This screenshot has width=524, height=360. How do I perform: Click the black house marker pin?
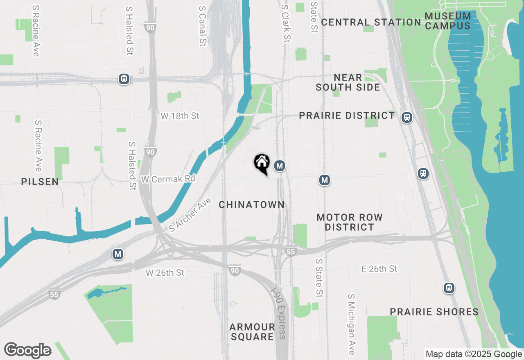tap(262, 164)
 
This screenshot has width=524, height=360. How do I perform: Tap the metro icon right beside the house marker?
tap(280, 166)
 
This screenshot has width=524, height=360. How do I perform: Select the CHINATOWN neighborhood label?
tap(251, 205)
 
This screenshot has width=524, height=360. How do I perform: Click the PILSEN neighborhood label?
tap(40, 182)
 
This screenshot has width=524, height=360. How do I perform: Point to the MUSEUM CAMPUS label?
tap(448, 21)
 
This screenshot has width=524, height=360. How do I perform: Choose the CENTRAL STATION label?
tap(371, 22)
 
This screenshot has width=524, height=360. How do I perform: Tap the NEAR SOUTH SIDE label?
tap(348, 82)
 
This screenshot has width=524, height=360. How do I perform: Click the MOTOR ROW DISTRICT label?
tap(350, 222)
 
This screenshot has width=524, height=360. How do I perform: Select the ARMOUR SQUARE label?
tap(252, 332)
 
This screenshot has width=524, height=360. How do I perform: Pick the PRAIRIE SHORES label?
tap(434, 312)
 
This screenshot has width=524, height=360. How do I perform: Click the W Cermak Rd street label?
tap(168, 179)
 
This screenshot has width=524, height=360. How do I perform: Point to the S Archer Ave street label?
tap(190, 215)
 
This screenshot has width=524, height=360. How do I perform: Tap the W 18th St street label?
tap(180, 116)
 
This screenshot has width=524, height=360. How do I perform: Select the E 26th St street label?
tap(379, 269)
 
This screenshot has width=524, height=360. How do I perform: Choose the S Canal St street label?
tap(202, 26)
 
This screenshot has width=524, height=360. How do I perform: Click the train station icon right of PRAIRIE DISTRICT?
tap(407, 117)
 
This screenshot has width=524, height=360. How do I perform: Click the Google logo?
tap(27, 351)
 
